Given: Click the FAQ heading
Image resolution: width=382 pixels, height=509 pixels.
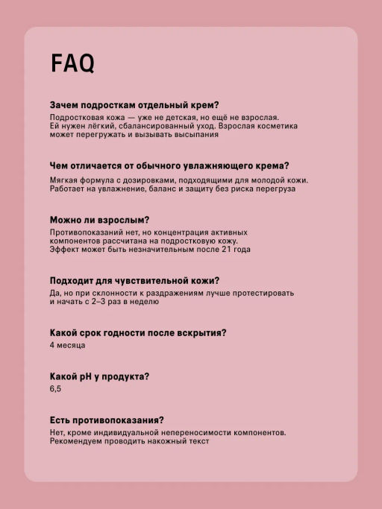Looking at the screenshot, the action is [x=72, y=64].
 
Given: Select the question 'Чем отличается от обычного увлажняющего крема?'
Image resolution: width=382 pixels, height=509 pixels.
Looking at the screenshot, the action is [x=169, y=165].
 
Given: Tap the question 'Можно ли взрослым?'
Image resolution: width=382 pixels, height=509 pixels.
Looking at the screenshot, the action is [x=99, y=220].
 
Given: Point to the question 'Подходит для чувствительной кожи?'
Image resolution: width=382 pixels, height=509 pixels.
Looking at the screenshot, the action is [x=134, y=280].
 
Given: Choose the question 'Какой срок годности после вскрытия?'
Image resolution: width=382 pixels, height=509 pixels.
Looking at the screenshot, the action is [x=138, y=332].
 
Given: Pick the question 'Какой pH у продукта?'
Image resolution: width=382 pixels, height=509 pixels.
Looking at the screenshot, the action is [x=99, y=376].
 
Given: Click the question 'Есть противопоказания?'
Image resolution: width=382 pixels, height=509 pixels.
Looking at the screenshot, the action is [x=107, y=420].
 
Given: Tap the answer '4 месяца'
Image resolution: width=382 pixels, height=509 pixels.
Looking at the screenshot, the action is [x=67, y=345].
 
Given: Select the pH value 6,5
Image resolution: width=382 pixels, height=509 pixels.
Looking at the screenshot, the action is [x=56, y=389].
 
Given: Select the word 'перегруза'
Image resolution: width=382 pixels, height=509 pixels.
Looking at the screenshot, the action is [x=275, y=189].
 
